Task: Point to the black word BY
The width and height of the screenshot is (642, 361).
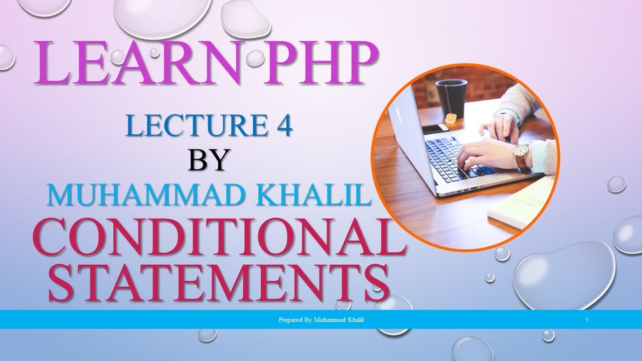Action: (209, 160)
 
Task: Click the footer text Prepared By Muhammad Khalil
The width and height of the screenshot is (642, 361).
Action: (321, 319)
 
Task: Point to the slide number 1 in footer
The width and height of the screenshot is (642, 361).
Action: (586, 319)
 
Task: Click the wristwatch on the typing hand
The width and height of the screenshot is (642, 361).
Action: (521, 151)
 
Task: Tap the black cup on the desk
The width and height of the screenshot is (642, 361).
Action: (451, 97)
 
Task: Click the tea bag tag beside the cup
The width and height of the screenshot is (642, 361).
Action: (451, 118)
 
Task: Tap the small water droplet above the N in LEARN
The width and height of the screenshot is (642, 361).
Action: (255, 58)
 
